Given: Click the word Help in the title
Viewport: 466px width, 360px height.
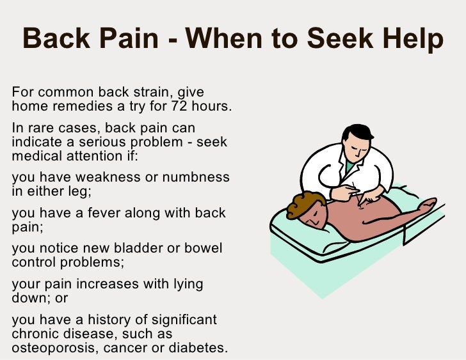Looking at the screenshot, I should coord(410,40).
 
